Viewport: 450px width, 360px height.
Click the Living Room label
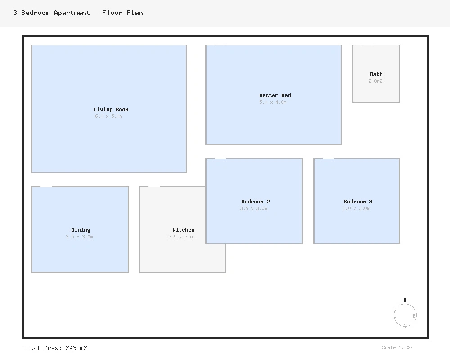(111, 109)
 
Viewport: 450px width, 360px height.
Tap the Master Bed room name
(275, 95)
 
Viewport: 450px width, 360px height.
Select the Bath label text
(376, 74)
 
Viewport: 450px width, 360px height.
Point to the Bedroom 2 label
(255, 202)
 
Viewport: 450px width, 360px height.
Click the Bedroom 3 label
(358, 202)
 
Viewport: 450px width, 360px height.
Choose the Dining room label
(81, 230)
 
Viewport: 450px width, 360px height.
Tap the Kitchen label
(183, 230)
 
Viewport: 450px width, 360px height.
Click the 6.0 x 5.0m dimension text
(108, 117)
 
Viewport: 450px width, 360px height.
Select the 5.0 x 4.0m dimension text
(273, 103)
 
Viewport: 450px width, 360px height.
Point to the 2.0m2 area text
(375, 81)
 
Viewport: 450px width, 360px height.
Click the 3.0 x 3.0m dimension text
(356, 209)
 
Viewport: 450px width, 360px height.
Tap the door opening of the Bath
(367, 45)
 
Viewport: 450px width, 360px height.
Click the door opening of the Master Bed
(220, 45)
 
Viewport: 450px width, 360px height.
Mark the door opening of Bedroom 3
(328, 158)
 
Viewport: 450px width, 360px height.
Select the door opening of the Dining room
(46, 187)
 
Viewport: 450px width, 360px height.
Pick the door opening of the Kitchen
(154, 187)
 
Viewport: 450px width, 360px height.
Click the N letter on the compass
(405, 300)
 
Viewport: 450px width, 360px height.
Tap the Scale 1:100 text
(396, 347)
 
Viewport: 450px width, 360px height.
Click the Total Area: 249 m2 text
(55, 348)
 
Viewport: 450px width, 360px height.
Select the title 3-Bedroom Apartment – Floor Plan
(78, 13)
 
